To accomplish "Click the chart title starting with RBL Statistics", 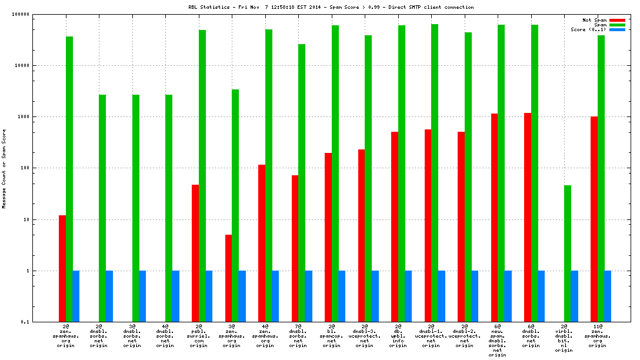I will (331, 7).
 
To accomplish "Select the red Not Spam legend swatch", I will (617, 20).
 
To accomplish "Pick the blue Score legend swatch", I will (617, 29).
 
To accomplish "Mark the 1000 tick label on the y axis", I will (23, 116).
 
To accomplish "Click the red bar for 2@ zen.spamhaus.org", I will (62, 268).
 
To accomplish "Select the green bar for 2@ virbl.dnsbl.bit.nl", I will (568, 254).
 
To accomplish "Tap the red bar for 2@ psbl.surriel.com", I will (195, 253).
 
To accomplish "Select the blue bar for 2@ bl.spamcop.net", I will (342, 296).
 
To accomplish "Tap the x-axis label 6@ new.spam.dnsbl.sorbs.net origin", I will (498, 340).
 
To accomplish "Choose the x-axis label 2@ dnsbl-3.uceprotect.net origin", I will (365, 335).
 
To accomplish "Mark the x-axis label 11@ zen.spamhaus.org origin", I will (598, 335).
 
